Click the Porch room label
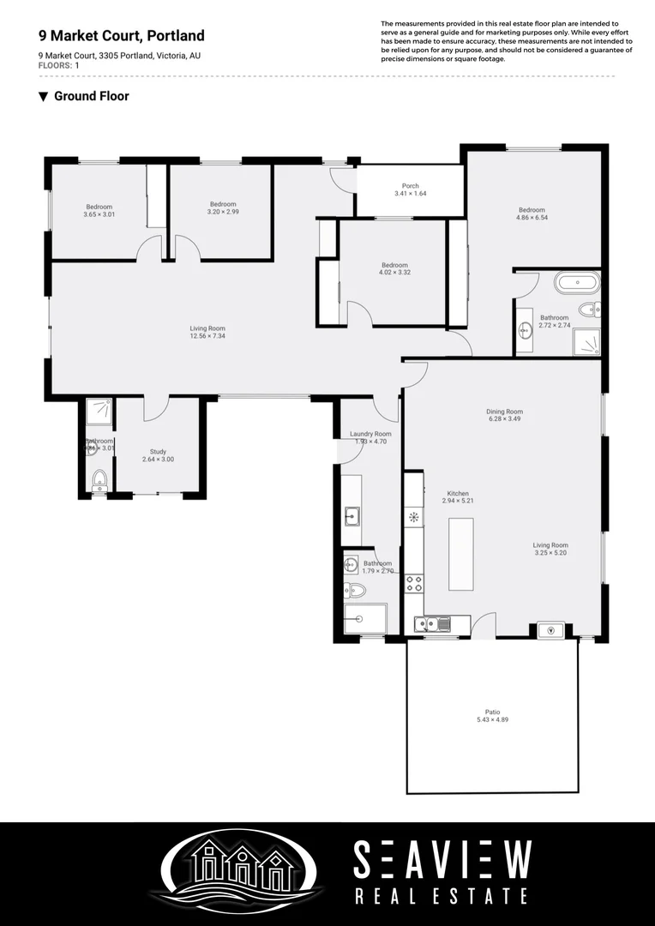410,186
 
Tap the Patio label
492,712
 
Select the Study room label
158,452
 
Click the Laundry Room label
370,434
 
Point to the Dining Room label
505,412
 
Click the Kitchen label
458,494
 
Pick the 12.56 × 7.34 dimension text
207,336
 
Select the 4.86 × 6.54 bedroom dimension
532,218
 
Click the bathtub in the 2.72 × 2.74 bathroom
577,281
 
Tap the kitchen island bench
460,554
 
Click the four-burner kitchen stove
414,584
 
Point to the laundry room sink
352,515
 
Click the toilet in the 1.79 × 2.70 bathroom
354,590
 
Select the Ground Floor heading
91,96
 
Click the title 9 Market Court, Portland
122,36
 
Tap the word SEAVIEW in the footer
442,860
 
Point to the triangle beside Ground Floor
43,97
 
